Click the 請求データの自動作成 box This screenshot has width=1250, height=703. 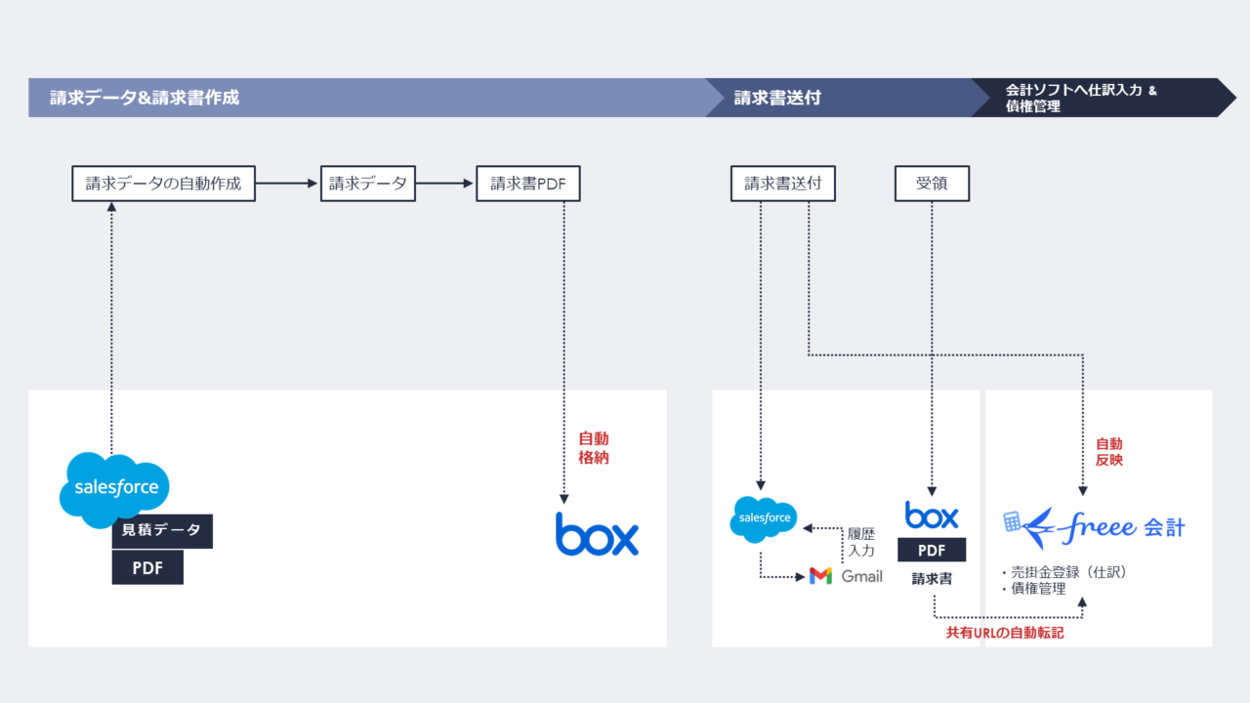[x=163, y=183]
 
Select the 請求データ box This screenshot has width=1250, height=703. [x=368, y=183]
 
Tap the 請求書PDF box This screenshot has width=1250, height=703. [x=528, y=183]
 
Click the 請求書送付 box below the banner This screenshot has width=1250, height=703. [x=783, y=183]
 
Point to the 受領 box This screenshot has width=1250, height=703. [x=932, y=183]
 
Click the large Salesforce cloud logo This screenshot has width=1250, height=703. [x=114, y=487]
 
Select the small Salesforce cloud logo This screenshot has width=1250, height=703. [x=764, y=519]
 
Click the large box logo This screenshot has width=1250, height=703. [x=597, y=534]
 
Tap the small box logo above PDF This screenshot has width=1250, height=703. [x=932, y=515]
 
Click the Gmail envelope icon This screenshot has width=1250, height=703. [x=820, y=576]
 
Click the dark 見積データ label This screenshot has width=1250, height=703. [x=162, y=530]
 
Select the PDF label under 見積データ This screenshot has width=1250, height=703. [x=147, y=567]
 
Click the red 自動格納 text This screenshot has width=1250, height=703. [x=594, y=448]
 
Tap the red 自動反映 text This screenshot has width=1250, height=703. [x=1108, y=451]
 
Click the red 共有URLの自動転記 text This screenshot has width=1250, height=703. [x=1004, y=633]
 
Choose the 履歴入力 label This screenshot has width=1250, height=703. [x=861, y=543]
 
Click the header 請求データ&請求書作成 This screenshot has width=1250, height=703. [x=145, y=98]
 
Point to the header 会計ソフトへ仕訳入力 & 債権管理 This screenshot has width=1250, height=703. [x=1080, y=98]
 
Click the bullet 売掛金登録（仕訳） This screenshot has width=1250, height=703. [x=1064, y=572]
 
